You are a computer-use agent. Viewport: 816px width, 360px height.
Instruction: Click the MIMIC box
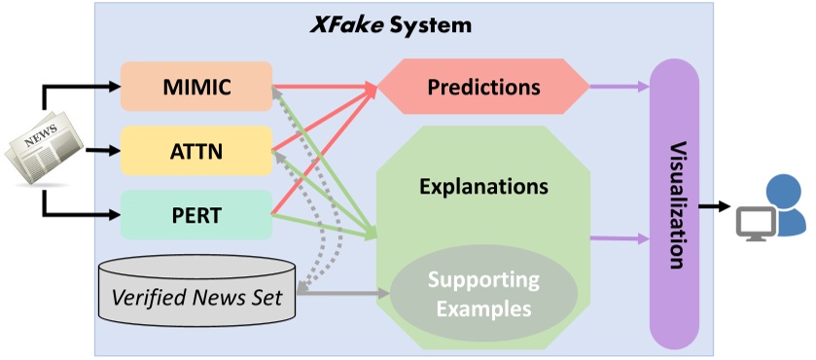tap(195, 86)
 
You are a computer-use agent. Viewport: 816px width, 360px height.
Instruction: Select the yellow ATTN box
tap(195, 150)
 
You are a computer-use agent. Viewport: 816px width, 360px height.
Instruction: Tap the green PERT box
tap(195, 214)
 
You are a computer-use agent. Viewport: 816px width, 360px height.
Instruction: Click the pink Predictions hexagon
tap(483, 87)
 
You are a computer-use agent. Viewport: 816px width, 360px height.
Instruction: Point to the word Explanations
tap(483, 184)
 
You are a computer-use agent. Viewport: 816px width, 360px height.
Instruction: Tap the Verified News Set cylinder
tap(198, 295)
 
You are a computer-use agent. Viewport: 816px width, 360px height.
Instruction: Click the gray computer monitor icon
tap(754, 225)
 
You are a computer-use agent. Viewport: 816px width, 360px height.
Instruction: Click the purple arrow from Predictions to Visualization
tap(619, 87)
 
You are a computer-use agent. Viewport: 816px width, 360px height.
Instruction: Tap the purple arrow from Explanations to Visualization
tap(619, 237)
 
